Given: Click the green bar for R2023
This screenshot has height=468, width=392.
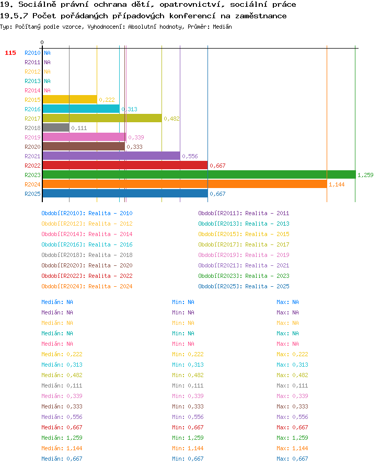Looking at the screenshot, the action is point(199,174).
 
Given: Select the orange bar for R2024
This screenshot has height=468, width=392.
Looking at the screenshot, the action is point(185,184).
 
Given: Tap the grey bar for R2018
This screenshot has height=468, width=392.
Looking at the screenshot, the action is point(56,128).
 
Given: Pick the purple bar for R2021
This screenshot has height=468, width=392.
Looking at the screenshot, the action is point(111,156).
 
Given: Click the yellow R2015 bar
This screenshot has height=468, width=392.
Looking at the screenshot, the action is point(70,99).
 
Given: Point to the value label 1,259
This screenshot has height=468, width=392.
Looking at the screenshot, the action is point(365,175).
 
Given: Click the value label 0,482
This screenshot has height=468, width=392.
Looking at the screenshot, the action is point(171,119).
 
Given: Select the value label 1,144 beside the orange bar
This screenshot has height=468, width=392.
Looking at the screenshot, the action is point(337,184).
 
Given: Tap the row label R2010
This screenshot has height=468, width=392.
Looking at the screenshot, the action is point(32,53).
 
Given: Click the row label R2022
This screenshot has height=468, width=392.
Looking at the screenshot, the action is point(32,166).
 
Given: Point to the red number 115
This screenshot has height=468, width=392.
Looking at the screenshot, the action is point(10,53).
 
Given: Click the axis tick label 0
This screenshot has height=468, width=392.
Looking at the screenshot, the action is point(42,42).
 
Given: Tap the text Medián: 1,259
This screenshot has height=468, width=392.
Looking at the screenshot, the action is point(62,438).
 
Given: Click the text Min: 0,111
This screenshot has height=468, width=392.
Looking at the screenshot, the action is point(188,385).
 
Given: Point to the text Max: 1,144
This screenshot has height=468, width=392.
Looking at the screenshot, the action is point(292,448).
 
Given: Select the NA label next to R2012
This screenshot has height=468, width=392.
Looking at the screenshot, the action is point(47,72).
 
